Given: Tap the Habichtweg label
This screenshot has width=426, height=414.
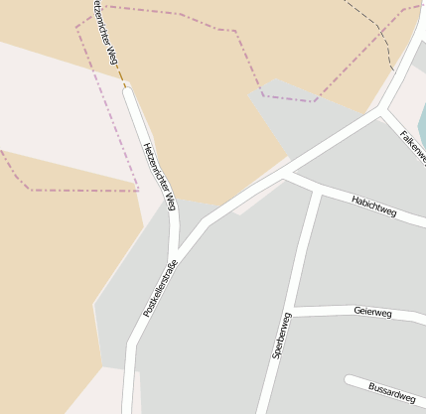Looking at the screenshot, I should point(373,207).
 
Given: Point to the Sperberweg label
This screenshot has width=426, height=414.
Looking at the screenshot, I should point(280,336).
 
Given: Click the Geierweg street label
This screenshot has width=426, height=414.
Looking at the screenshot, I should point(372,312).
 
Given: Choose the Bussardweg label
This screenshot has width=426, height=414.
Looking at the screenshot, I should point(391,391).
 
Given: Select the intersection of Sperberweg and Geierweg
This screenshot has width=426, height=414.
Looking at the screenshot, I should point(294,312).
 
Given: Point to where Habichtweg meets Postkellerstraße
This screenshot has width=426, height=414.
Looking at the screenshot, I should point(284,175).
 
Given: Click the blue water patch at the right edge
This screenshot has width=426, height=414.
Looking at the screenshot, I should point(422,124).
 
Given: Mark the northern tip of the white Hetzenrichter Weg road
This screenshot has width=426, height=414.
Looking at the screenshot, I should point(126,89).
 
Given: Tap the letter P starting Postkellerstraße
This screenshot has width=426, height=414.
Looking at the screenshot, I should point(146,313).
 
